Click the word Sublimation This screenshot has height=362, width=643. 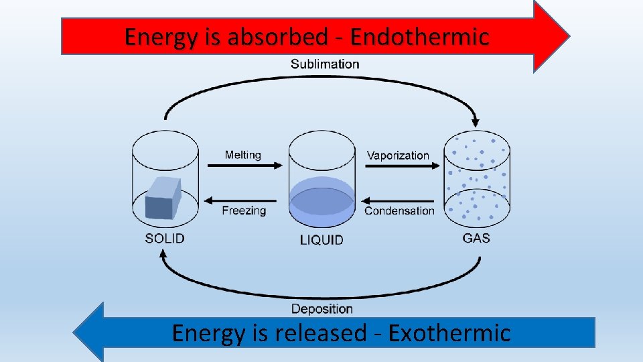325,64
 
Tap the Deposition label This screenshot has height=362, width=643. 321,309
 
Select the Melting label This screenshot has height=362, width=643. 242,155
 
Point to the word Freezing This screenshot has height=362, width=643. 244,210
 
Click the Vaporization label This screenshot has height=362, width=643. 398,156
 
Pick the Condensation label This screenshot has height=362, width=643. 399,210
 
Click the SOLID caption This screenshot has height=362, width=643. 165,238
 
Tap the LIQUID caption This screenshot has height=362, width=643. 321,239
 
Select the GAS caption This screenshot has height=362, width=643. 476,238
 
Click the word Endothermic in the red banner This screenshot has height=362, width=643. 420,36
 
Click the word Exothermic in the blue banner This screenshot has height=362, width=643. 449,333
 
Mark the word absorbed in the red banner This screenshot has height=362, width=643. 277,36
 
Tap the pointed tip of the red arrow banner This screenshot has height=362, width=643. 568,36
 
